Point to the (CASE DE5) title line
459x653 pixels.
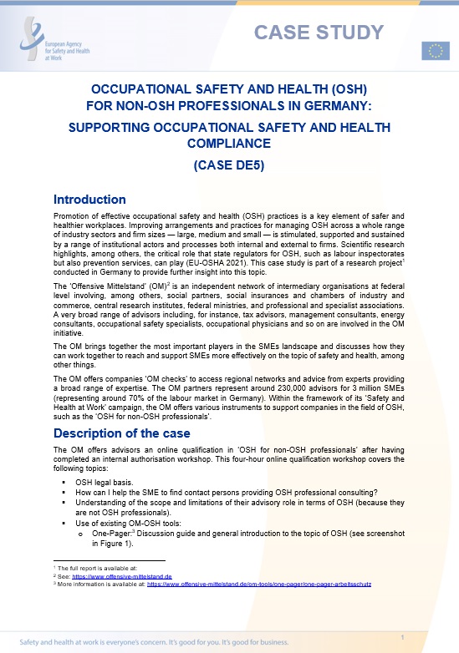229,165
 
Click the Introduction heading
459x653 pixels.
89,200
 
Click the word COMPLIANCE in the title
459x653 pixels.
229,143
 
